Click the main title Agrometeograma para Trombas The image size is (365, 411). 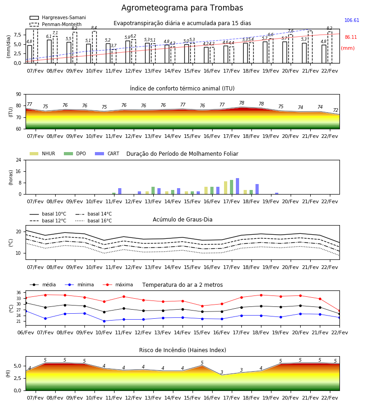point(182,8)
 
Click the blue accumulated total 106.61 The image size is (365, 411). point(352,20)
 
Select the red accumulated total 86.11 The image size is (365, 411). point(350,37)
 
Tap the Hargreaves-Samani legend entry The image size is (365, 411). point(58,17)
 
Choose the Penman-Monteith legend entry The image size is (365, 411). point(56,24)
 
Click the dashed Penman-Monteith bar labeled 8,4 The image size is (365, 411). point(94,47)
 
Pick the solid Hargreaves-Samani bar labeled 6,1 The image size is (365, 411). point(49,52)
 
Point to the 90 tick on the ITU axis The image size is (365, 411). point(19,95)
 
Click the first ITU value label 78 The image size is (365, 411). point(241,103)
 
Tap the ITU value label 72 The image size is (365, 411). point(335,110)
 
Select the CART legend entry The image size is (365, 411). point(107,153)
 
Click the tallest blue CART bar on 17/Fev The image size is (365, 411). point(237,186)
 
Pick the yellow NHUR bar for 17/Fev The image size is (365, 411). point(225,188)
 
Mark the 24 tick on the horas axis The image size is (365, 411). point(19,160)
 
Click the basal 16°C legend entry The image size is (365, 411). point(94,221)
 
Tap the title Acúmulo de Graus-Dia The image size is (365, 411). point(182,220)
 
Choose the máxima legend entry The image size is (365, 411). point(118,285)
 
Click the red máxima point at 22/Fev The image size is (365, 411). point(339,311)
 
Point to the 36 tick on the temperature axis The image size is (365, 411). point(19,293)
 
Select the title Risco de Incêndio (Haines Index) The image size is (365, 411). point(182,350)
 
